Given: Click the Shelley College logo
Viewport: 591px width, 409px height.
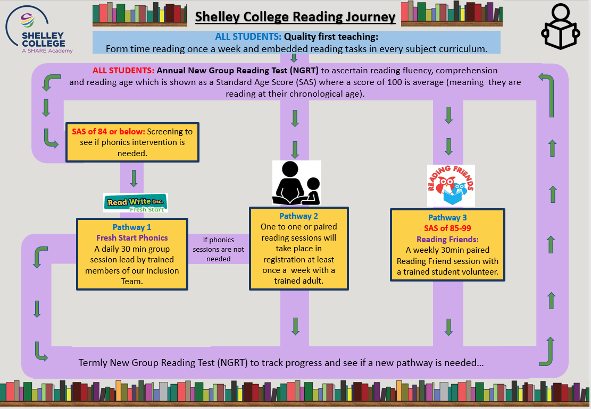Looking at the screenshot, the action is (39, 30).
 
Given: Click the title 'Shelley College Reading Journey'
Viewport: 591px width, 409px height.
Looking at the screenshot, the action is (295, 16).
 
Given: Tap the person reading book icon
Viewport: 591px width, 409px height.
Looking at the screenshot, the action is (561, 27).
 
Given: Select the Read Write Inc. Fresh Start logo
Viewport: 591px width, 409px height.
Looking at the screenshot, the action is (136, 203).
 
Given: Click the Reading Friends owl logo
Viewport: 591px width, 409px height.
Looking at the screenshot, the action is (451, 185).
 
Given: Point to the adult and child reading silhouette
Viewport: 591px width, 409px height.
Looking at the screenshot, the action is (297, 183).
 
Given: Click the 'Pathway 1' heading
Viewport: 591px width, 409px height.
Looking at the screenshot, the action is (132, 227).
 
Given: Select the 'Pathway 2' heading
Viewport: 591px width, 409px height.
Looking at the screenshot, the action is (298, 216).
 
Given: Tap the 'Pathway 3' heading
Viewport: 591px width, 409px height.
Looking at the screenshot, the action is (447, 217).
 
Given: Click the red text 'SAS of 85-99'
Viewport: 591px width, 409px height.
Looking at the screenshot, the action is (447, 228).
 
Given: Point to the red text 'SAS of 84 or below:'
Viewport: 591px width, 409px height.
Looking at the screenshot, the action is (109, 132).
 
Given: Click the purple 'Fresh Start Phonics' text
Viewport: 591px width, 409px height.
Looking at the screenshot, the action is (132, 238).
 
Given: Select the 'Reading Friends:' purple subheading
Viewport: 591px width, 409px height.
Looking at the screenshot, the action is (447, 240).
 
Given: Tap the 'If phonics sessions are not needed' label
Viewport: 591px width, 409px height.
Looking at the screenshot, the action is (219, 249).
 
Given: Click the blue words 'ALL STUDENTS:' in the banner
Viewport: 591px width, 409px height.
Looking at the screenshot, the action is (248, 37).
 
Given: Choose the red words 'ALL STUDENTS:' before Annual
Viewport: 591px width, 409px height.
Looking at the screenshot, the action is (123, 70).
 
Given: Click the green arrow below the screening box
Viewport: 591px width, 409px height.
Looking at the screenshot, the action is (134, 178).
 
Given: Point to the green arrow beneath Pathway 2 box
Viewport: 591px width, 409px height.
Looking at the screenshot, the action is (296, 326).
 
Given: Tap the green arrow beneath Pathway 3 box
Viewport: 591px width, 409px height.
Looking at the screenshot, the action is (448, 327).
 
